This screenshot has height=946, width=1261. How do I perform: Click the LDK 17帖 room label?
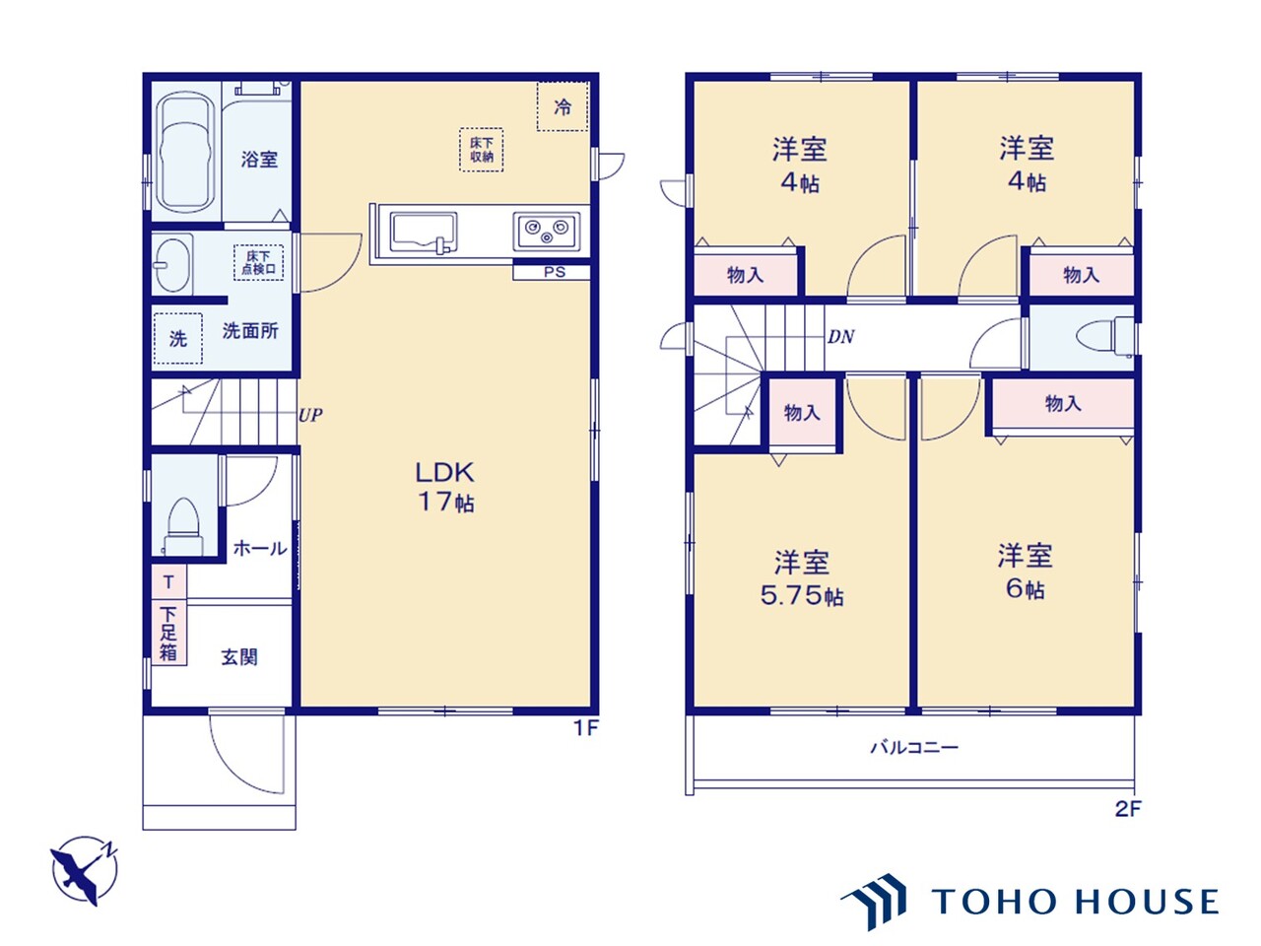pyautogui.click(x=445, y=487)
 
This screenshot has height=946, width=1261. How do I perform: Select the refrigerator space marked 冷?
pyautogui.click(x=563, y=106)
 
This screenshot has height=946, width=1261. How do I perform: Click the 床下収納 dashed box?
pyautogui.click(x=482, y=150)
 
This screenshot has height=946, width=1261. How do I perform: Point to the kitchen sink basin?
pyautogui.click(x=424, y=232)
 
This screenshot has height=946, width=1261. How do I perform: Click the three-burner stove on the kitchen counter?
pyautogui.click(x=547, y=231)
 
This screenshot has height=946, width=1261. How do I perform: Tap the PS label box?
pyautogui.click(x=552, y=272)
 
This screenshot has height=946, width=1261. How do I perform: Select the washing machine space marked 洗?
pyautogui.click(x=178, y=338)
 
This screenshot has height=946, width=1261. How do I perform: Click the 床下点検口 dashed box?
pyautogui.click(x=258, y=262)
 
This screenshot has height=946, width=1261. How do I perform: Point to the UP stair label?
pyautogui.click(x=310, y=415)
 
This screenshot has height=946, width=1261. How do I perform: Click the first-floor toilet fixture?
pyautogui.click(x=183, y=526)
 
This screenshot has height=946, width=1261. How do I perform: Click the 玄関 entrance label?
pyautogui.click(x=239, y=657)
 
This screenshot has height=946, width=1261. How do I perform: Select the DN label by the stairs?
pyautogui.click(x=840, y=337)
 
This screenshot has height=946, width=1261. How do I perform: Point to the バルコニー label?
pyautogui.click(x=914, y=747)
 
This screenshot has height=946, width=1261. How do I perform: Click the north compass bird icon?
pyautogui.click(x=85, y=870)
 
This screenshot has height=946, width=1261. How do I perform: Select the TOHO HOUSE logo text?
pyautogui.click(x=1074, y=901)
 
